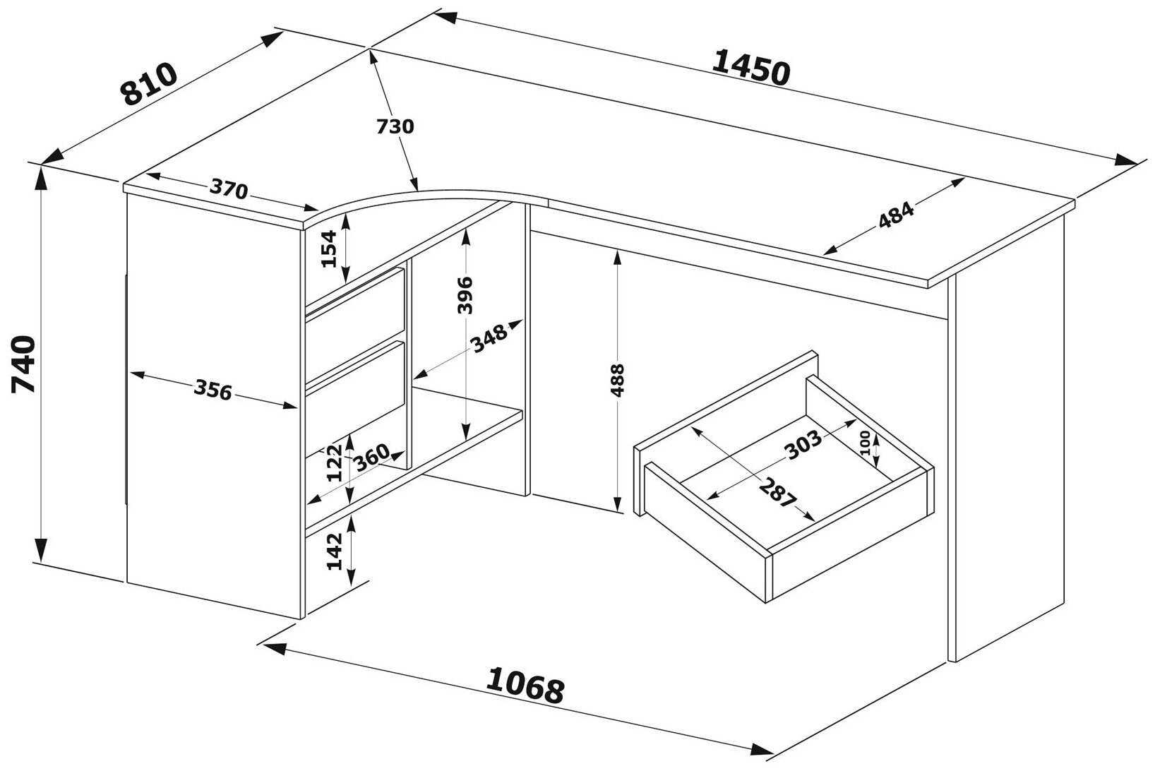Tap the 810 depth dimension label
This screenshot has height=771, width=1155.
click(x=149, y=83)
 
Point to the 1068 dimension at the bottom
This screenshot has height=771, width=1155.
click(x=525, y=685)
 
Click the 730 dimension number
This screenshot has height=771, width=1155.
click(x=395, y=126)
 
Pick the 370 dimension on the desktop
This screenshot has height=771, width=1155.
click(x=229, y=189)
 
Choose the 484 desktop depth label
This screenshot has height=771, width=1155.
click(x=896, y=216)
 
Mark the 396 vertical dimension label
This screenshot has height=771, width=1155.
click(x=465, y=295)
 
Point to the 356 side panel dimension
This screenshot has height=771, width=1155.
click(x=213, y=390)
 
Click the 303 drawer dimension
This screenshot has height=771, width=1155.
click(x=803, y=442)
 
